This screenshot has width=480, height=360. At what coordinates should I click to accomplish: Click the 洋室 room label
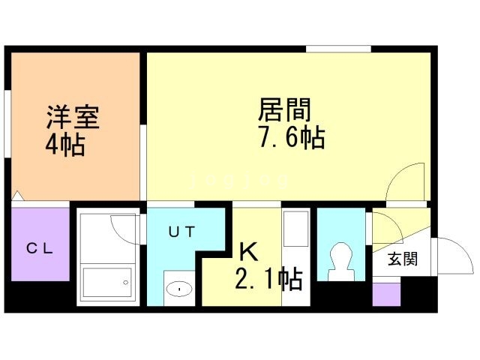(73, 117)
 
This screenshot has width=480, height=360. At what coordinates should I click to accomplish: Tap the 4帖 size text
(64, 143)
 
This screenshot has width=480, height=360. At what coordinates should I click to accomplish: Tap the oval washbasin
(180, 286)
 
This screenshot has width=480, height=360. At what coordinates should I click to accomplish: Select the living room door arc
(408, 181)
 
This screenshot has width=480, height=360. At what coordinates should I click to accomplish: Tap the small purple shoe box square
(386, 294)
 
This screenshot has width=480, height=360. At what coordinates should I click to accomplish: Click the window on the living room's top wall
(338, 49)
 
